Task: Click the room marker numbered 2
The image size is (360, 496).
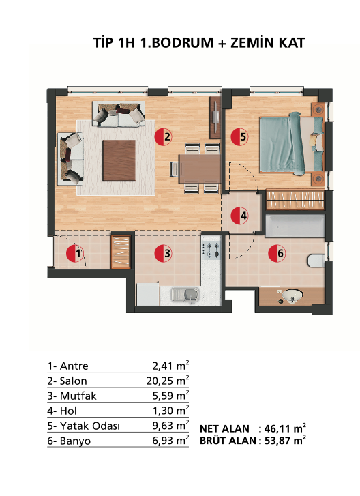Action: point(164,137)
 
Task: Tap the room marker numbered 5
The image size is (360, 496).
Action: point(239,137)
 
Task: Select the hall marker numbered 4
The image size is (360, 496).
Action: point(239,216)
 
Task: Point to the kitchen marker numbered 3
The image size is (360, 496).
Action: point(164,253)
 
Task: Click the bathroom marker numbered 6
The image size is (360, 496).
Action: point(277,253)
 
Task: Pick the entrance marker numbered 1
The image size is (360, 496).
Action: point(75,253)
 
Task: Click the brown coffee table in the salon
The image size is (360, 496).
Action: point(119,160)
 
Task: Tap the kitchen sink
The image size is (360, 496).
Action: point(186,295)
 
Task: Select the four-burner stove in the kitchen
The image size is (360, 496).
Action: point(211,250)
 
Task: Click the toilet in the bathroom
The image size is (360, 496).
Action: point(316,261)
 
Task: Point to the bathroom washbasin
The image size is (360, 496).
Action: point(292,296)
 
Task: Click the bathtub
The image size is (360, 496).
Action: point(295,227)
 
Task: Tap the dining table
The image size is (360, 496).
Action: point(200,169)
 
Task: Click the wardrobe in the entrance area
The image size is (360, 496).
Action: point(121,252)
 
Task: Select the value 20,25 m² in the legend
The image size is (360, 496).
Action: point(168,381)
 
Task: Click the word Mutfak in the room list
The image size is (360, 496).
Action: point(78,396)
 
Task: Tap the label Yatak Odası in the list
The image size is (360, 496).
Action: point(90,426)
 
